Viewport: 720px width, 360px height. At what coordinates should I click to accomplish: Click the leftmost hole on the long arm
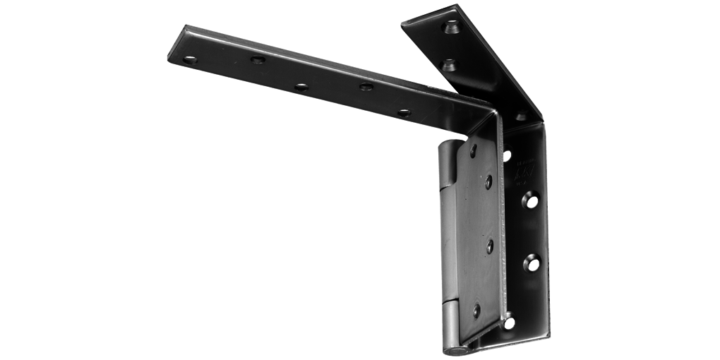tap(189, 60)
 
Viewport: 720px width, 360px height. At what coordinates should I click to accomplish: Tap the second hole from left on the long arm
tap(258, 59)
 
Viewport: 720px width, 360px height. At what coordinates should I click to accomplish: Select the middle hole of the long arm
tap(301, 87)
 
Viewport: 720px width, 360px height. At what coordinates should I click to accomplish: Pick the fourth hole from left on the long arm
tap(366, 87)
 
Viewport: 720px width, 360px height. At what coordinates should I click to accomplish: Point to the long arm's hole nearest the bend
tap(404, 112)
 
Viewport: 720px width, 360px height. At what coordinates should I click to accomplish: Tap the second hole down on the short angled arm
tap(448, 66)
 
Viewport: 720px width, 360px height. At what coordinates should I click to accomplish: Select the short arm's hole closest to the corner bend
tap(521, 116)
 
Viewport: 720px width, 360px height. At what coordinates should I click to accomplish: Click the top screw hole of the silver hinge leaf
tap(473, 150)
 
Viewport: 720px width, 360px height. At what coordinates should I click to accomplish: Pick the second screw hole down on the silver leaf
tap(488, 181)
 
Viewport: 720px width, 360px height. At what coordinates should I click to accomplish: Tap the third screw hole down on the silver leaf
tap(489, 246)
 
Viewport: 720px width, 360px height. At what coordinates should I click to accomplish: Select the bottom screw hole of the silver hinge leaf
tap(476, 310)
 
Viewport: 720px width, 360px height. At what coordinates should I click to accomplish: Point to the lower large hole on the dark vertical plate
tap(532, 263)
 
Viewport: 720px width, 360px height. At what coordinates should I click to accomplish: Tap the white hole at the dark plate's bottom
tap(508, 323)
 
